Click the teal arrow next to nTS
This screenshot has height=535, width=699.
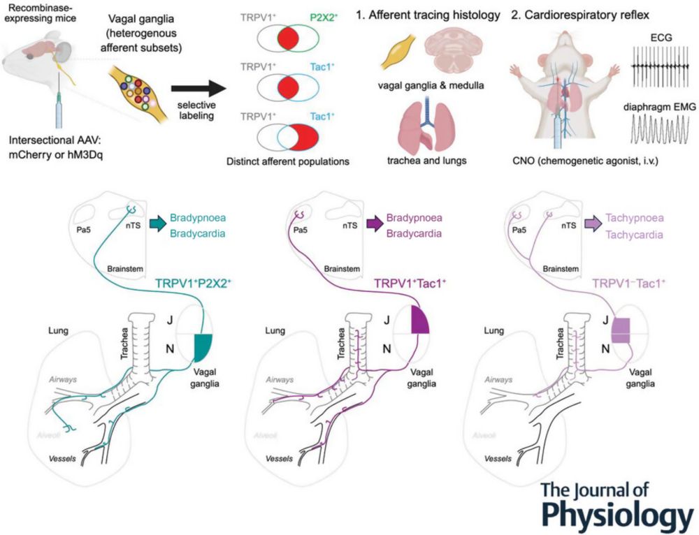point(158,223)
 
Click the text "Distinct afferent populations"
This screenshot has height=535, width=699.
point(287,162)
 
